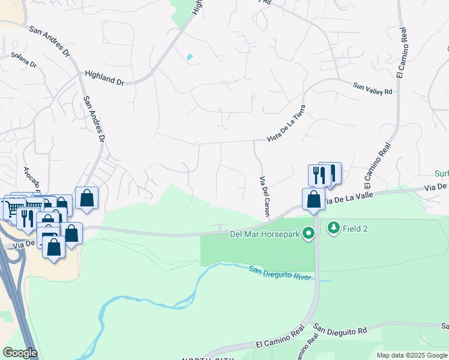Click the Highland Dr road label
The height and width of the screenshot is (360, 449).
point(104,77)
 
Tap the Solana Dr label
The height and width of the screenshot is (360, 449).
point(23,60)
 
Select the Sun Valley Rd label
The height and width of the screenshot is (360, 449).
point(372,88)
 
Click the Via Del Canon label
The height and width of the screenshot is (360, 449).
point(264,197)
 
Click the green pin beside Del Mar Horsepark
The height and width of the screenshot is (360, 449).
point(309,233)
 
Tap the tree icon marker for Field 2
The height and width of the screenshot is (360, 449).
point(333,228)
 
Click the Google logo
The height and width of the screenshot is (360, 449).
point(20,353)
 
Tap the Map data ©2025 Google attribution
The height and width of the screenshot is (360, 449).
point(412,355)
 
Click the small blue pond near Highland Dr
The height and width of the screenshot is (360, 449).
point(190,58)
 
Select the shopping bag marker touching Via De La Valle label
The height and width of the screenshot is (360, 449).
point(313,198)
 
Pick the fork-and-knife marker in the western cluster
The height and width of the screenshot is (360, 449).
point(26,217)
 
